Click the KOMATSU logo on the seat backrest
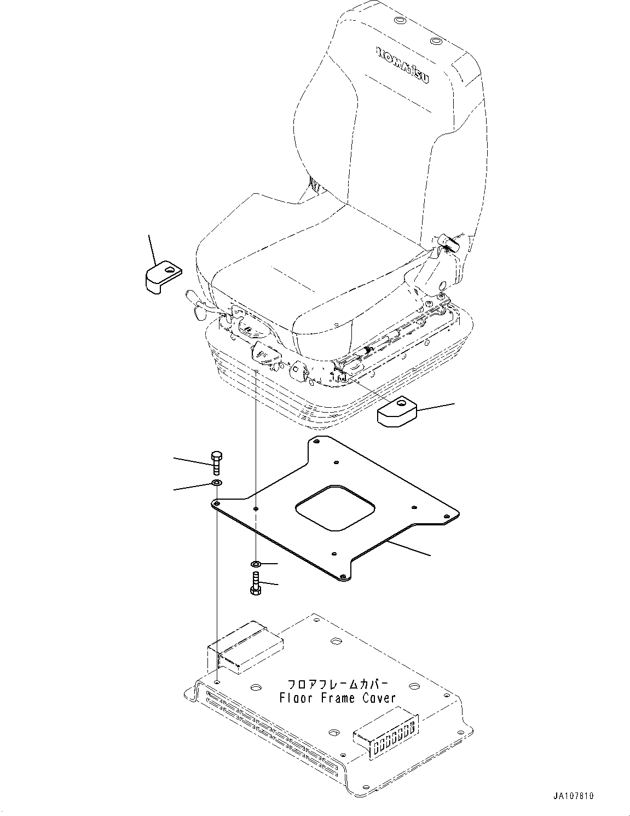pyautogui.click(x=402, y=65)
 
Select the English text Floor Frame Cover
pyautogui.click(x=337, y=698)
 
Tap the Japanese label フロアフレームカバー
pyautogui.click(x=338, y=685)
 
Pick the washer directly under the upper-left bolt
pyautogui.click(x=217, y=483)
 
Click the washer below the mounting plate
pyautogui.click(x=256, y=564)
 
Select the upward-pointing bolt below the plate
pyautogui.click(x=256, y=582)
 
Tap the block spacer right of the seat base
pyautogui.click(x=397, y=412)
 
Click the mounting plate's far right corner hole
pyautogui.click(x=453, y=514)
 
